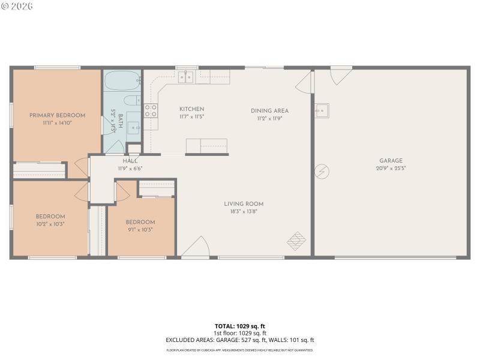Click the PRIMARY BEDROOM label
tap(57, 115)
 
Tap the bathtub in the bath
tap(122, 80)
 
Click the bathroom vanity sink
tap(134, 127)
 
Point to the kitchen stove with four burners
tap(151, 110)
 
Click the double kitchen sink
tap(185, 77)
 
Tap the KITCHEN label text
tap(191, 109)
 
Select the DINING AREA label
tap(269, 110)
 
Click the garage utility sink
tap(322, 110)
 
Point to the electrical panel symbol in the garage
tap(323, 172)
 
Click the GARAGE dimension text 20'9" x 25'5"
tap(391, 168)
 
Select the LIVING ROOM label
tap(244, 204)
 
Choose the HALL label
tap(130, 161)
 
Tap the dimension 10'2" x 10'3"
tap(50, 224)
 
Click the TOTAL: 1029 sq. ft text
tap(239, 326)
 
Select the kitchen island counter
tap(206, 146)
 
